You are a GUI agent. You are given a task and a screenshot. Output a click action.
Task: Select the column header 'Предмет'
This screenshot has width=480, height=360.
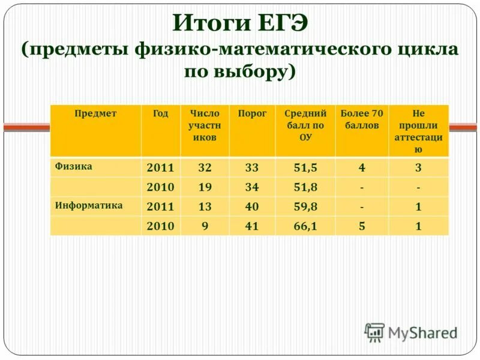(95, 113)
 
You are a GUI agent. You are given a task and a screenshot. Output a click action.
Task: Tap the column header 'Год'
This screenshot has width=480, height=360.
(160, 113)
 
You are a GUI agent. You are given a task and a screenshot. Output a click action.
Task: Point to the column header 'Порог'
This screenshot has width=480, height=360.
(252, 113)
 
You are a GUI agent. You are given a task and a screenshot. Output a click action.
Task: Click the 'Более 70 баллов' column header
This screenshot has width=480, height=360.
(361, 119)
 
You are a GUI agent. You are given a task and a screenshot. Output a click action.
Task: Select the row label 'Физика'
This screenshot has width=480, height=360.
(73, 166)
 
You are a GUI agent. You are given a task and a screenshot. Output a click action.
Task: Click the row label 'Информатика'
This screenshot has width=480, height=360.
(89, 205)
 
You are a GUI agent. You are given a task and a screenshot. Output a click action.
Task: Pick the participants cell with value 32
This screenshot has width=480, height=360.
(205, 167)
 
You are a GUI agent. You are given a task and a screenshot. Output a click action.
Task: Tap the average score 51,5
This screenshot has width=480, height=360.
(305, 167)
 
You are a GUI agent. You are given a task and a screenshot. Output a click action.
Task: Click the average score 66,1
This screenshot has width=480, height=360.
(305, 226)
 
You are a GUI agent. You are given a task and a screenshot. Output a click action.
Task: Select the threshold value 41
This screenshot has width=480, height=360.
(252, 226)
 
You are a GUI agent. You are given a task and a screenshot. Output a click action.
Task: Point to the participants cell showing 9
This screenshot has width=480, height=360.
(205, 226)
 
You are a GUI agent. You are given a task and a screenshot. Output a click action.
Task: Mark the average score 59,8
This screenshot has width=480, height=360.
(305, 207)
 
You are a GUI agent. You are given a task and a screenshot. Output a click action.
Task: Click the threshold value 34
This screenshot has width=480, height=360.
(252, 187)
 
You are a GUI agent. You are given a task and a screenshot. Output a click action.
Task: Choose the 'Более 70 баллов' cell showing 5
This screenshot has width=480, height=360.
(361, 226)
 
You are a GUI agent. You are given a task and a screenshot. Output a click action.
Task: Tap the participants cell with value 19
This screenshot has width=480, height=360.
(205, 187)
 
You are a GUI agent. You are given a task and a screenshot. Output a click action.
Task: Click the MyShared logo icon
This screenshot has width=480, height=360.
(374, 332)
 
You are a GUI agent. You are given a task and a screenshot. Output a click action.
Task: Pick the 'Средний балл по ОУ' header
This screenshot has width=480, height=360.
(305, 125)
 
